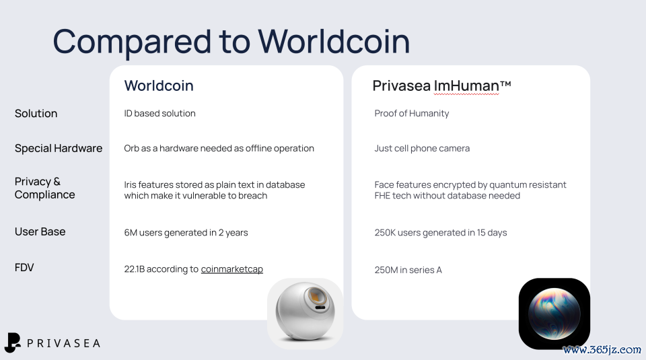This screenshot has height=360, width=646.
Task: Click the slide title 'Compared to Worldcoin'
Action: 231,42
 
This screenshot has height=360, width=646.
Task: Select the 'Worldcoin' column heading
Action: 159,85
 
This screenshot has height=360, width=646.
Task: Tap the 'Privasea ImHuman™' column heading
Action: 441,85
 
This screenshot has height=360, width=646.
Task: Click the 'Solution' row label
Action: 36,113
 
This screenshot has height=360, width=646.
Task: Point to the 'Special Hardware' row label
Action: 59,148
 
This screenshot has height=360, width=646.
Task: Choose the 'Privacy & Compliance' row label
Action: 45,188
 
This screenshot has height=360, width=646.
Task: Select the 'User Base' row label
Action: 40,231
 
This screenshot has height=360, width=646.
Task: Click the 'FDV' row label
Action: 24,267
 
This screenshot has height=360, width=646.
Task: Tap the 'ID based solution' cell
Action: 160,113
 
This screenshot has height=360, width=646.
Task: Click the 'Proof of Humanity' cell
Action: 412,113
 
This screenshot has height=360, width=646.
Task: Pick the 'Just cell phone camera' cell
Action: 422,148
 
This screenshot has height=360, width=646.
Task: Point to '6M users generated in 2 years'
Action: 186,233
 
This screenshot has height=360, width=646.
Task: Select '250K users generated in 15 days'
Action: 440,233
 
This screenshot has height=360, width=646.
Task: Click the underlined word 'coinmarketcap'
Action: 232,269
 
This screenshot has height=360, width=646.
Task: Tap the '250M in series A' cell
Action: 408,270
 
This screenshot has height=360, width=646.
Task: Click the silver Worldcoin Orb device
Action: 305,312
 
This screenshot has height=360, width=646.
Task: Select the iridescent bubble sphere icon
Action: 554,314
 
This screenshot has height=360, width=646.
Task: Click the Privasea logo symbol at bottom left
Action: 12,343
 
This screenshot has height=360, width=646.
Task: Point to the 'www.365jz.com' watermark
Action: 602,350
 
